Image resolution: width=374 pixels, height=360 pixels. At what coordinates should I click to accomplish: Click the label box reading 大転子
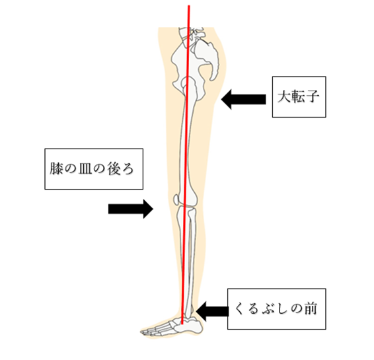click(299, 97)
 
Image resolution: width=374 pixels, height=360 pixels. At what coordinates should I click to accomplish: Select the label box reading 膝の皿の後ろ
click(94, 169)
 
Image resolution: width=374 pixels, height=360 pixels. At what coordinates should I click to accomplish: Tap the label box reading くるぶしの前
click(276, 309)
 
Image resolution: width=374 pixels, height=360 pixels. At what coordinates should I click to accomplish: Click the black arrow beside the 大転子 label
click(243, 99)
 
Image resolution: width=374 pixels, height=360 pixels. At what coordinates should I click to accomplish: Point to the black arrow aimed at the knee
click(131, 209)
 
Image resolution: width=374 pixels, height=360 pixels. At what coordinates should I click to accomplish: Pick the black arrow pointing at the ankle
click(212, 311)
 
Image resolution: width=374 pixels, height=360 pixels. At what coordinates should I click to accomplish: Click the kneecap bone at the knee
click(176, 199)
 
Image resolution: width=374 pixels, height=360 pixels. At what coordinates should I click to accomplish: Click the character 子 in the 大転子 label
click(312, 96)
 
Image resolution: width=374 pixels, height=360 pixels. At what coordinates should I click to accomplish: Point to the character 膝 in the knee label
click(56, 168)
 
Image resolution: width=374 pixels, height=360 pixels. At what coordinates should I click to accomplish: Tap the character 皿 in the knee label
click(85, 168)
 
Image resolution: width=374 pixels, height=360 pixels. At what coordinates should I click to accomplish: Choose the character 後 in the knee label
click(113, 168)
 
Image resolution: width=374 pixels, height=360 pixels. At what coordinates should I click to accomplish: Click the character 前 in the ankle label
click(310, 308)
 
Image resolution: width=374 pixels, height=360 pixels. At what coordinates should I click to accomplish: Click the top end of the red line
click(189, 5)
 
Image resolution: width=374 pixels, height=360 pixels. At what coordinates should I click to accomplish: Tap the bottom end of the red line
click(182, 324)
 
